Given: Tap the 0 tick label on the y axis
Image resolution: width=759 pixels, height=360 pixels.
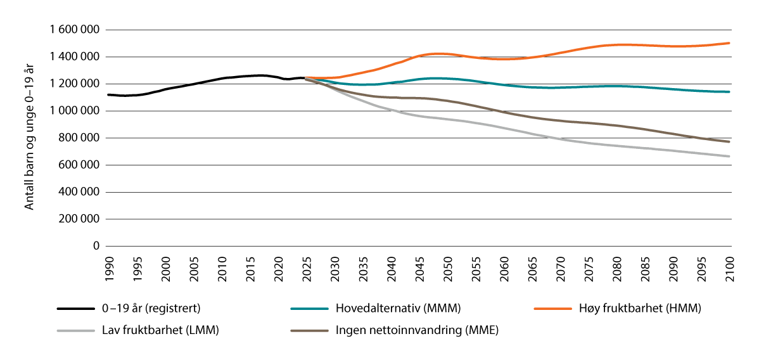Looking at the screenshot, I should click(96, 246).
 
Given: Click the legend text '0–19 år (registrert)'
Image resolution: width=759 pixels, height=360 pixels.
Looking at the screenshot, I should click(152, 309).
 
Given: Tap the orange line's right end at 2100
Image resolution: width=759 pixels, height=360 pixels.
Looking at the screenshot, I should click(729, 43).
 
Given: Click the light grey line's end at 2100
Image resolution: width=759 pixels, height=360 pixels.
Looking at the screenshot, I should click(729, 157).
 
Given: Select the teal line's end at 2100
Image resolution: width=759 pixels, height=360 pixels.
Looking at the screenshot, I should click(729, 92).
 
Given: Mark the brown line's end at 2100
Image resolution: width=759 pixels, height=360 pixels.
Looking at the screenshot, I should click(729, 142).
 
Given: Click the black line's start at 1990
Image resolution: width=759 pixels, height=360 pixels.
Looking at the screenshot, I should click(108, 94).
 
